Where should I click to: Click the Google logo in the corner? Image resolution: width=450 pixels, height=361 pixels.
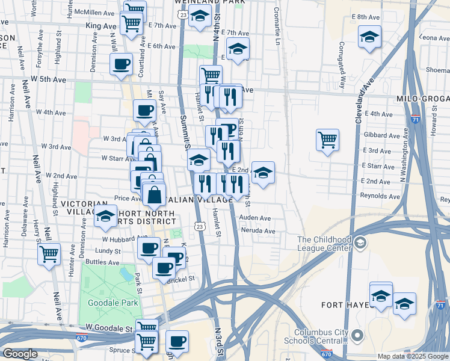[20, 354]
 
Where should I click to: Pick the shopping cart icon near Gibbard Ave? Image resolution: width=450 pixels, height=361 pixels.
[327, 140]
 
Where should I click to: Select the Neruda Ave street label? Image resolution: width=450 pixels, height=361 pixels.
[257, 231]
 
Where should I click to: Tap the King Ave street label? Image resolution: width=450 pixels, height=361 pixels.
[100, 26]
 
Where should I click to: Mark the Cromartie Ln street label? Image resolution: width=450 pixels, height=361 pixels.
[277, 27]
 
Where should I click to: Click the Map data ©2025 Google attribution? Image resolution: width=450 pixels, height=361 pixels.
[413, 356]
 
